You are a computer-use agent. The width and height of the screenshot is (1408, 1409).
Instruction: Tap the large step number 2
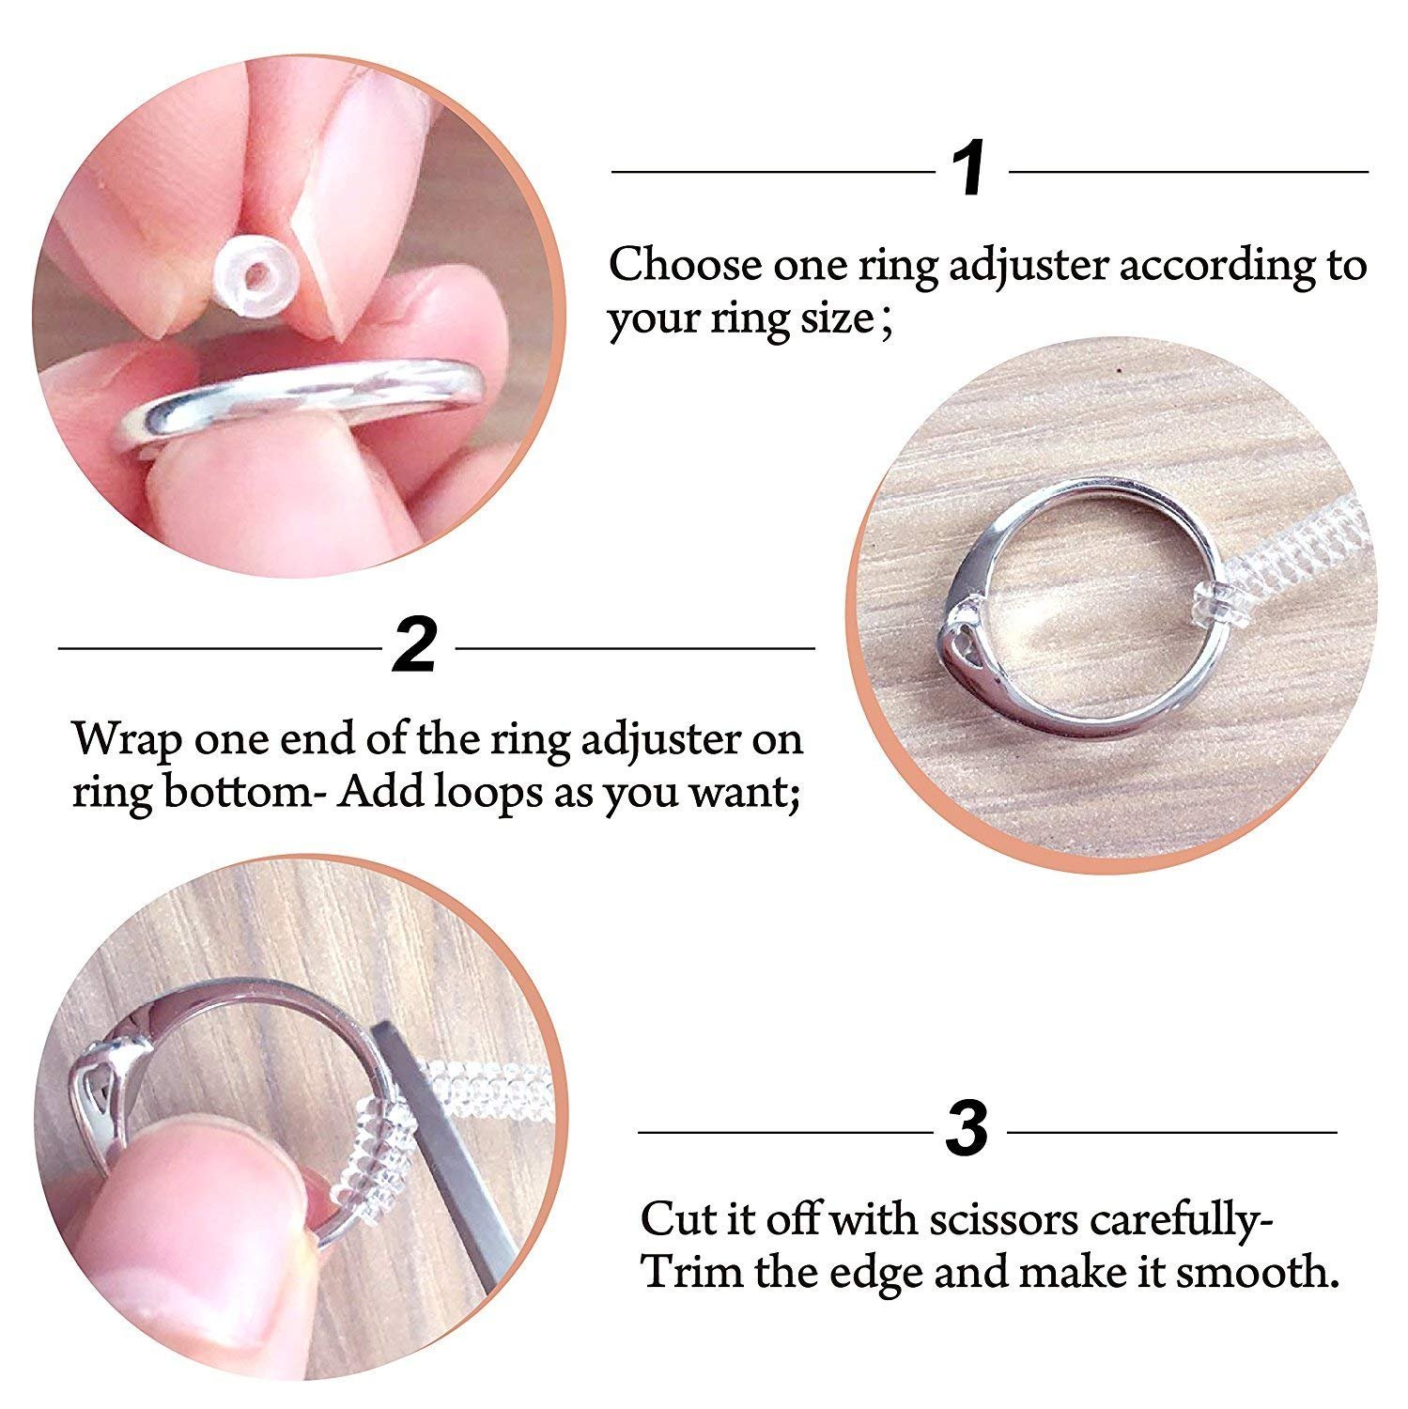(414, 646)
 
